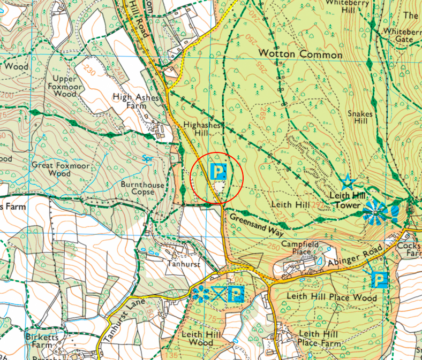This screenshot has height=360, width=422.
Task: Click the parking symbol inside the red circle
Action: coord(219,172)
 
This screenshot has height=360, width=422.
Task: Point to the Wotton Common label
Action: coord(300,55)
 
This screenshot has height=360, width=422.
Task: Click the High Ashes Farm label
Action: coord(133,101)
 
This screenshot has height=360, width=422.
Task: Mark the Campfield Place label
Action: coord(300,247)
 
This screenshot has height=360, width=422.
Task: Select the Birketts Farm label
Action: coord(41,341)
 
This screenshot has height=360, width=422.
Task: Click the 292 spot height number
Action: coord(318,205)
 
